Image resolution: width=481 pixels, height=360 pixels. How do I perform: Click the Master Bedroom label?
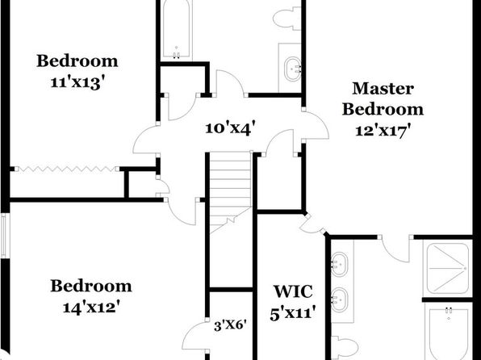[x=383, y=98]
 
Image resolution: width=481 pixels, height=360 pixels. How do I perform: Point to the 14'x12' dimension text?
[x=91, y=308]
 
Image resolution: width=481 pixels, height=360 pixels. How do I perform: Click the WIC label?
[x=293, y=291]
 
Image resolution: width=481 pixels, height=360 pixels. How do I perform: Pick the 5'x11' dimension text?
[x=293, y=314]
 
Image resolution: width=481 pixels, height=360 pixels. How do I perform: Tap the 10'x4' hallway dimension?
[x=230, y=128]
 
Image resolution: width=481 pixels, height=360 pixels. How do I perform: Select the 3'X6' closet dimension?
[x=230, y=325]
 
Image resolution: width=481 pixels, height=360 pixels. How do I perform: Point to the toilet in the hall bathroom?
[x=287, y=19]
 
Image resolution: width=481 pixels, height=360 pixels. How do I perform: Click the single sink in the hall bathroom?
[x=293, y=69]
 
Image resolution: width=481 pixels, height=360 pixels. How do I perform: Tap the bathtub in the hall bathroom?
[x=177, y=30]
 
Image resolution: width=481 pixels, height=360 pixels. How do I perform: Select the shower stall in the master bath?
[x=448, y=268]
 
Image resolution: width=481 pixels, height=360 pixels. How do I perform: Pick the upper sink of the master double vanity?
[x=340, y=264]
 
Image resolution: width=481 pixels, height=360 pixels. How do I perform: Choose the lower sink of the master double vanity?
[x=340, y=299]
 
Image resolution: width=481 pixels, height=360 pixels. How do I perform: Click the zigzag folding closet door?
[x=66, y=169]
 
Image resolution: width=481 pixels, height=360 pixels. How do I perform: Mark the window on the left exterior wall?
[x=4, y=236]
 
